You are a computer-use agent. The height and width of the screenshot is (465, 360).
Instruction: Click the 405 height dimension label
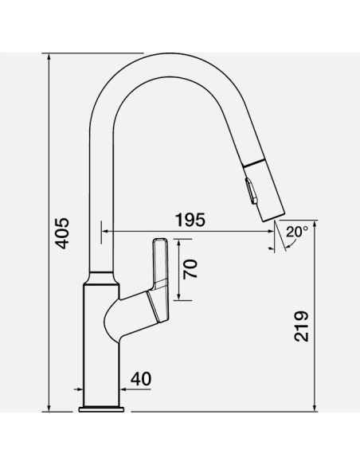(63, 233)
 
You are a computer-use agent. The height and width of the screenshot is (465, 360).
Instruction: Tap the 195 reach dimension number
(190, 220)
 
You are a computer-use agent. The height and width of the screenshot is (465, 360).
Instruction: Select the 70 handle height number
(190, 269)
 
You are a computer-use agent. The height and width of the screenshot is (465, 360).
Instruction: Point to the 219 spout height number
(301, 326)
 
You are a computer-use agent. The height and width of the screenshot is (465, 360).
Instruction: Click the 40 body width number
(141, 379)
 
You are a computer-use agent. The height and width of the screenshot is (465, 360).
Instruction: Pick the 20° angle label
(297, 232)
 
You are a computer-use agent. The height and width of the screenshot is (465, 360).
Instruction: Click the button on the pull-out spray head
(251, 190)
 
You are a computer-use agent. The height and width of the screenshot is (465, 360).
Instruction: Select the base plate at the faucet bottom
(101, 409)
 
